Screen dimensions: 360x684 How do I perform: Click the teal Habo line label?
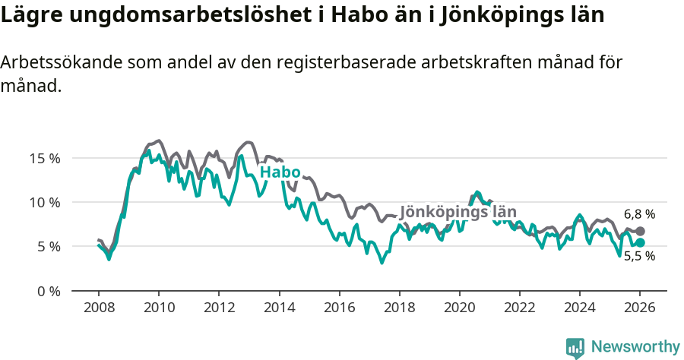(x=280, y=172)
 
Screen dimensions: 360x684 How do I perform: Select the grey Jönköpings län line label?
(x=458, y=212)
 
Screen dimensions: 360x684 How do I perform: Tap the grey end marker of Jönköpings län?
(x=640, y=231)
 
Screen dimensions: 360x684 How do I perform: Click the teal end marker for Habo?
(x=640, y=242)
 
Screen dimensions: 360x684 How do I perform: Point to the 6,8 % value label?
(x=639, y=214)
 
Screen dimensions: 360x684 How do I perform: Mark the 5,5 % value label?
(x=639, y=257)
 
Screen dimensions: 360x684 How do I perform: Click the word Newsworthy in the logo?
(x=635, y=346)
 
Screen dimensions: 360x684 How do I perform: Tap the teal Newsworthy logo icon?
(x=575, y=347)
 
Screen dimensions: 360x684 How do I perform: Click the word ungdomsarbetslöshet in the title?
(x=179, y=15)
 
